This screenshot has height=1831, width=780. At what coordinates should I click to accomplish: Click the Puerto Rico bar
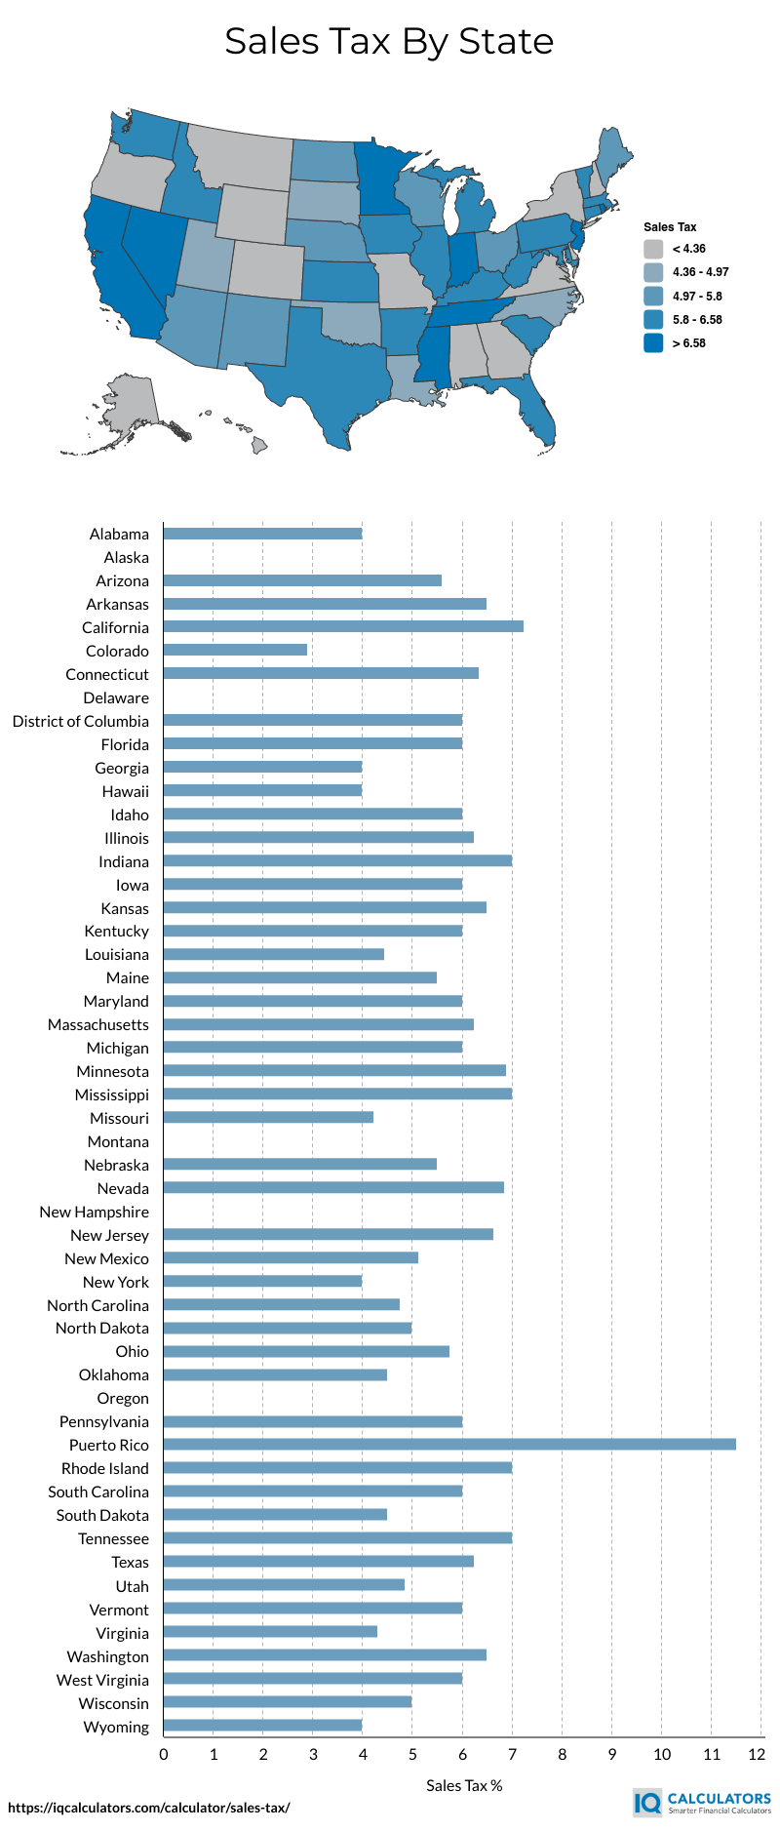pos(448,1445)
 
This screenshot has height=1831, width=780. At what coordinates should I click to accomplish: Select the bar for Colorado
pos(235,651)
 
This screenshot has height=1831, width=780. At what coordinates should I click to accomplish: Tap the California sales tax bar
pos(343,627)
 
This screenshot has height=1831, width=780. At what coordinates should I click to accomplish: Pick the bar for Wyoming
pos(262,1726)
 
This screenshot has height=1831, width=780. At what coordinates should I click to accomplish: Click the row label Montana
pos(118,1141)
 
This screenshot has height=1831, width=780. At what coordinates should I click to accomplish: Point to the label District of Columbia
pos(81,721)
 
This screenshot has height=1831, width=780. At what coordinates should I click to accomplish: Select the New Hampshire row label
pos(95,1212)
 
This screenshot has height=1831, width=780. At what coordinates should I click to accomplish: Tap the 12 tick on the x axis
pos(757,1755)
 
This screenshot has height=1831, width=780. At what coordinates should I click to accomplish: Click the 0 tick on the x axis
pos(164,1755)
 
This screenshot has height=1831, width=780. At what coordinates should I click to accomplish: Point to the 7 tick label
pos(512,1755)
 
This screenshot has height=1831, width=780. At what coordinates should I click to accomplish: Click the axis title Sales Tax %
pos(464,1786)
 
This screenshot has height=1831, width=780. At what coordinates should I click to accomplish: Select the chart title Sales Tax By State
pos(389,41)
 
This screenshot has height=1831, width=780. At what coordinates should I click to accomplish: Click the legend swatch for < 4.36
pos(653,249)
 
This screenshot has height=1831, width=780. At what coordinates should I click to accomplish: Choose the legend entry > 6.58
pos(688,343)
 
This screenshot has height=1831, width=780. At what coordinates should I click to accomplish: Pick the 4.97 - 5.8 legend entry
pos(696,297)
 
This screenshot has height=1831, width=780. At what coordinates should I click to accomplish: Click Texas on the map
pos(331,371)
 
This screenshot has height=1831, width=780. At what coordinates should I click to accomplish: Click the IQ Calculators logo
pos(702,1802)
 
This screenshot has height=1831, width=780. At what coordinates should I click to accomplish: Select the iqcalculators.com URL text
pos(149,1808)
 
